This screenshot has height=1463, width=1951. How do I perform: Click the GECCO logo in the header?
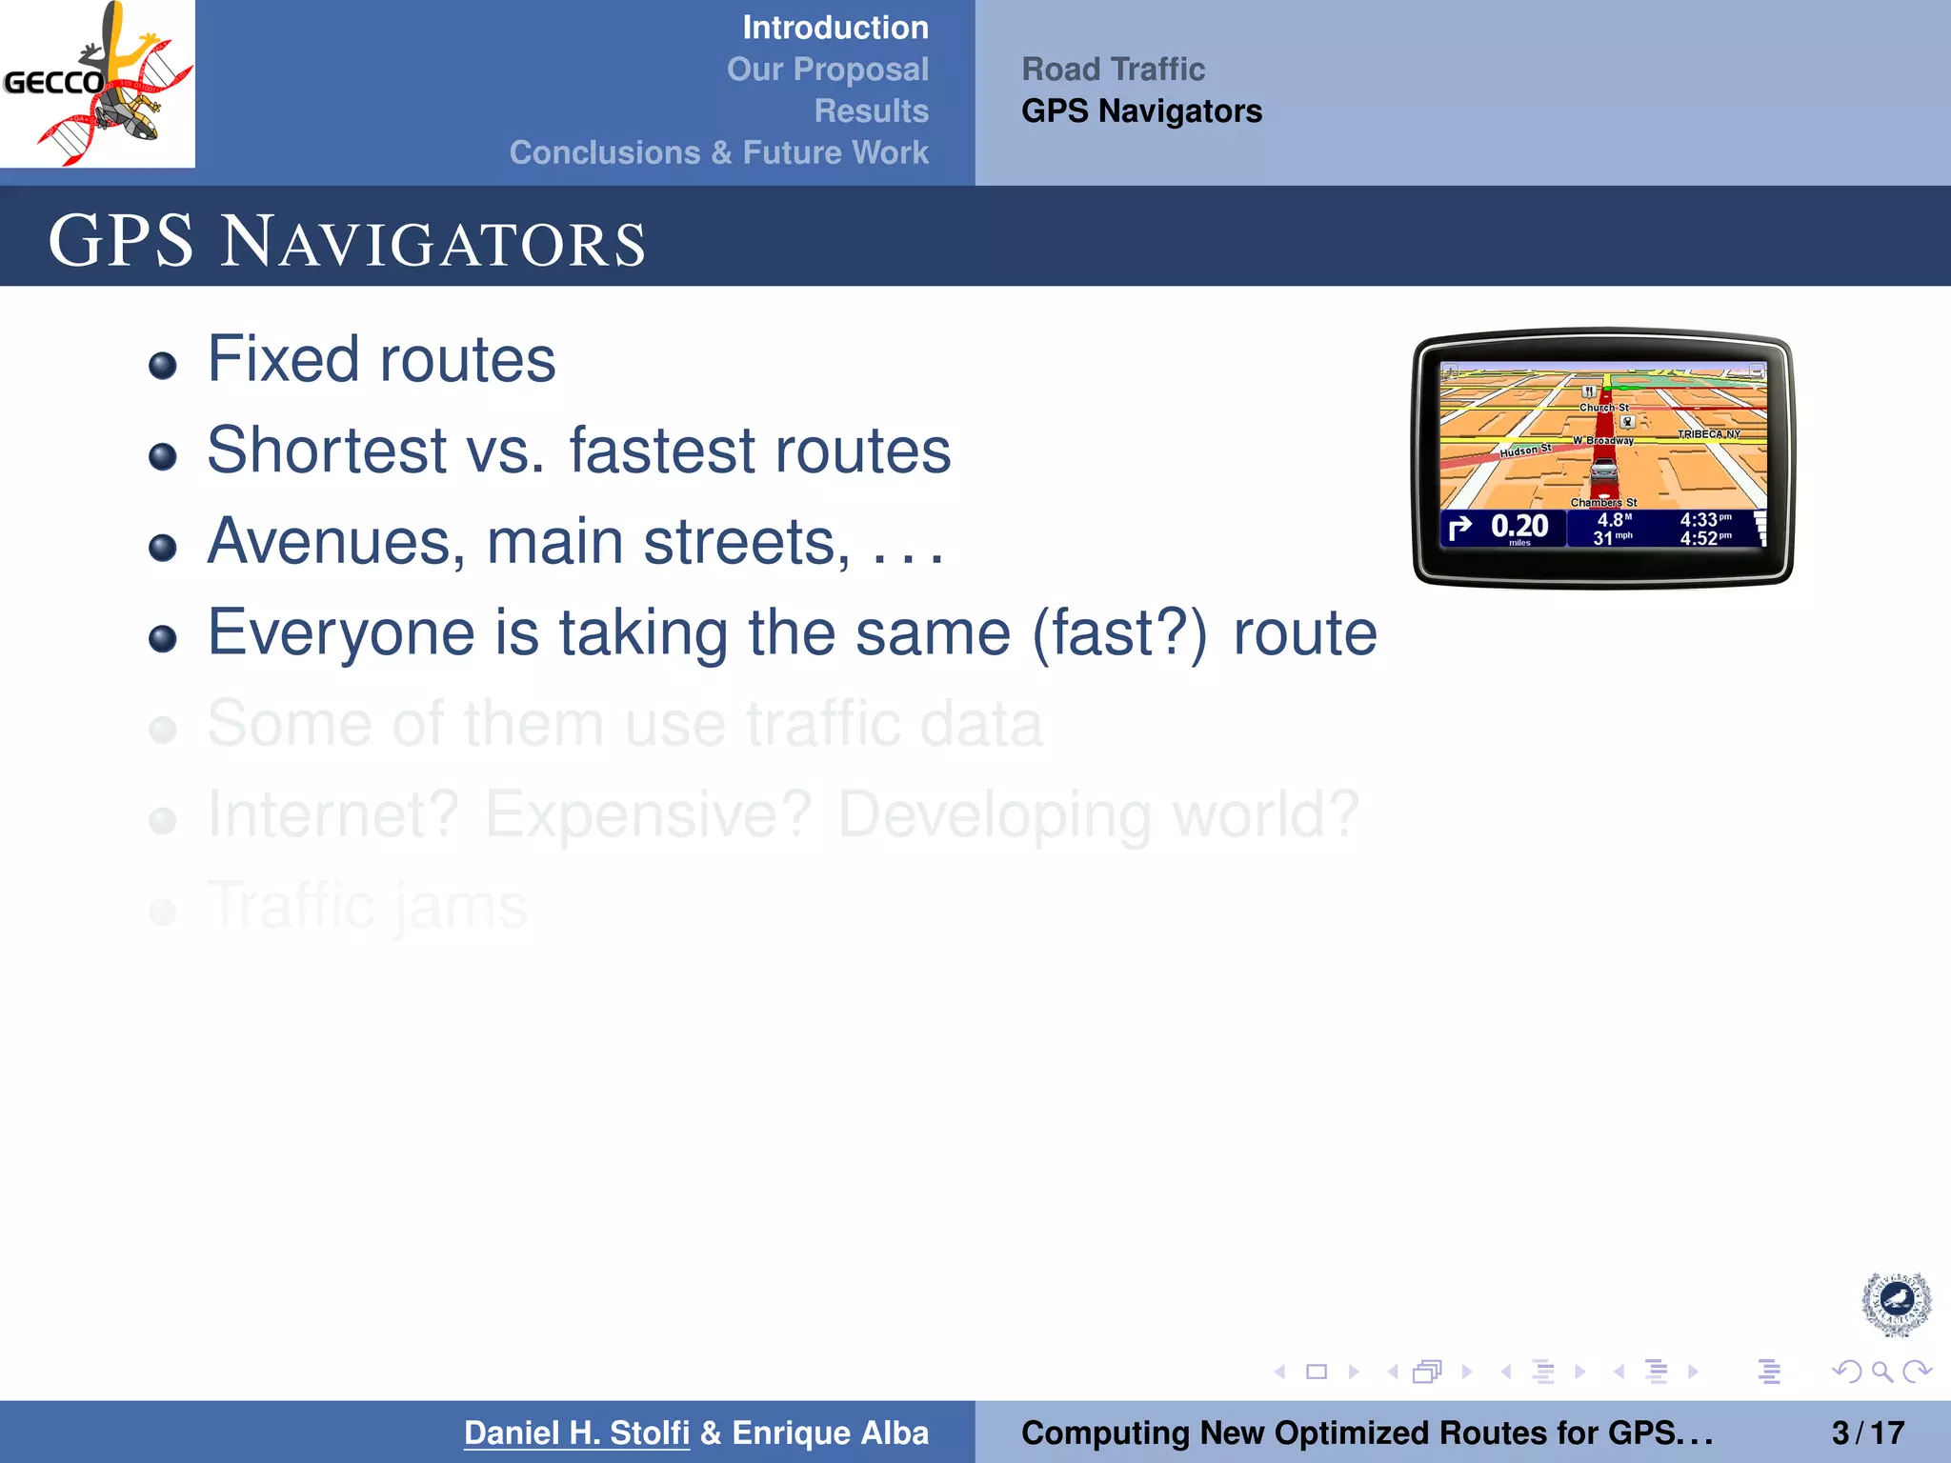point(97,84)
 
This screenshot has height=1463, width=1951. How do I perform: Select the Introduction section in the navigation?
point(835,28)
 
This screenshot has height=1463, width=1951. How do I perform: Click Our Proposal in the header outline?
point(827,70)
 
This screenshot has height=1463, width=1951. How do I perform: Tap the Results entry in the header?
point(871,111)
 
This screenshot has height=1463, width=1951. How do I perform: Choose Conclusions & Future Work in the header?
point(718,152)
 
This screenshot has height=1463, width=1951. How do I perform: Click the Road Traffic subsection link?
point(1113,70)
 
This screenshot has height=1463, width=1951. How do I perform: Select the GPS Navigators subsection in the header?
point(1141,111)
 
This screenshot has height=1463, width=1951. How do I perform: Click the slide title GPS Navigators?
point(347,241)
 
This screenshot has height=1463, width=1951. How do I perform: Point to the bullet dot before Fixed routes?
point(163,366)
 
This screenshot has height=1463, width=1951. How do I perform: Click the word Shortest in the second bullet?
point(327,451)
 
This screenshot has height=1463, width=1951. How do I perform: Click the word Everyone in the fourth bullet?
point(340,633)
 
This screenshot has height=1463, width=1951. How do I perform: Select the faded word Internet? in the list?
point(333,815)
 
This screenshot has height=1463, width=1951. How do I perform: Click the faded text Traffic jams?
point(367,906)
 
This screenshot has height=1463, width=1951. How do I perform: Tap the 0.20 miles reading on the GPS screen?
point(1519,528)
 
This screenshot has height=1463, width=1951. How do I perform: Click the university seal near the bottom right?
point(1896,1303)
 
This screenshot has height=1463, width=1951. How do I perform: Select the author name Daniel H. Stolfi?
point(576,1433)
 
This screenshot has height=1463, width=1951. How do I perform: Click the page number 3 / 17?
point(1867,1433)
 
